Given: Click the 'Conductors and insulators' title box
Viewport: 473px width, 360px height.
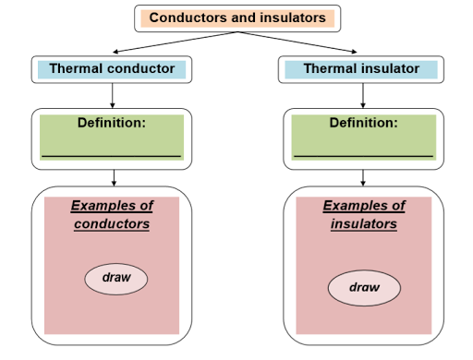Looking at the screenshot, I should point(237,18).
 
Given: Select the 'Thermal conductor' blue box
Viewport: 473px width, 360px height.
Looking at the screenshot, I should point(112,68).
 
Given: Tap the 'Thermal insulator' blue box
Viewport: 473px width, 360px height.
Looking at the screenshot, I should point(361,68).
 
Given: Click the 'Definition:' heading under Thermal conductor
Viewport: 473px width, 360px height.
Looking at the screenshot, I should point(112,122).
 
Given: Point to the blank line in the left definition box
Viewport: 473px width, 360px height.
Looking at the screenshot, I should point(112,156).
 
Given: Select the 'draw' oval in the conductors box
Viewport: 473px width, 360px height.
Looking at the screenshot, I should point(116,278).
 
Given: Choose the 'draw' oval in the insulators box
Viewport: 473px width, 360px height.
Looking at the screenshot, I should point(364,287).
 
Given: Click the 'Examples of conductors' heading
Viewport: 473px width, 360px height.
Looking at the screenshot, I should point(112,214).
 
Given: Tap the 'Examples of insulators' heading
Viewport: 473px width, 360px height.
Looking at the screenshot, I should point(364,214).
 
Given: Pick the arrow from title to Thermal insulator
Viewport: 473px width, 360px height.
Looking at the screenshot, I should point(300,42).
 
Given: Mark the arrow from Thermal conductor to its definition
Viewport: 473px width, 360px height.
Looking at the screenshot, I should point(112,94).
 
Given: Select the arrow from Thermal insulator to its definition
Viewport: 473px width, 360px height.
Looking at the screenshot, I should point(361,94).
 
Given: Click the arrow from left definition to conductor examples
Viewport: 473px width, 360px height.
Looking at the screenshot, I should point(112,178).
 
